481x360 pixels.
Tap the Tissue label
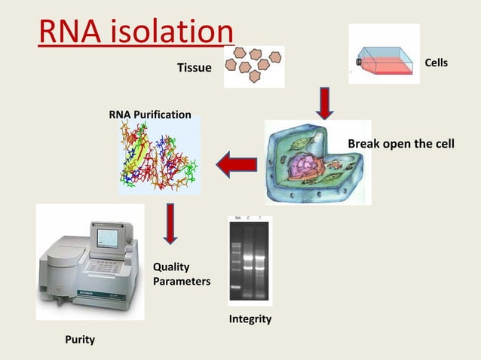click(194, 69)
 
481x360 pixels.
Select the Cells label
click(437, 63)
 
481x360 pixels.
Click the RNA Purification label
click(150, 114)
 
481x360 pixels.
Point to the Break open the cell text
click(400, 144)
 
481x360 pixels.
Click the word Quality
click(171, 267)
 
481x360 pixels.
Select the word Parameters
click(181, 281)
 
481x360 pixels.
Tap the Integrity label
click(250, 319)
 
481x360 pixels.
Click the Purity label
click(79, 340)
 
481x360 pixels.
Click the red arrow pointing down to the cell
click(324, 103)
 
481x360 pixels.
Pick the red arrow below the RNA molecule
click(170, 224)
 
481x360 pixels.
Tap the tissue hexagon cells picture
click(255, 66)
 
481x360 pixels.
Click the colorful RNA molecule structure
click(158, 158)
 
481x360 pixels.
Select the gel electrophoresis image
click(249, 260)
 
